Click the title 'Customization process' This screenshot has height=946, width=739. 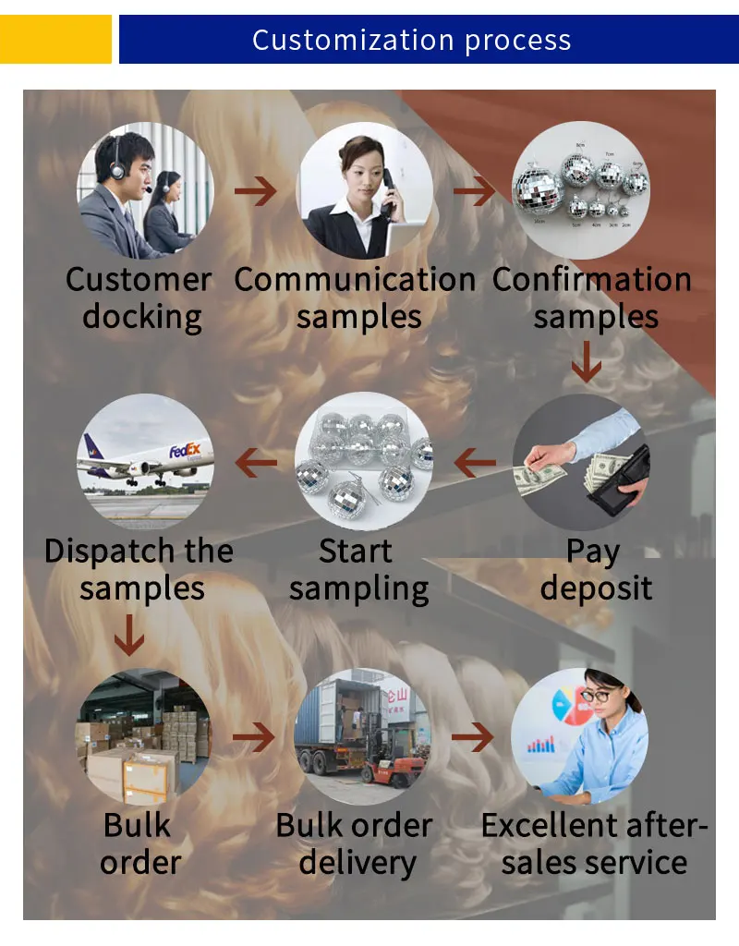coord(412,41)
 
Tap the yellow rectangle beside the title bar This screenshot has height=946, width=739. coord(55,39)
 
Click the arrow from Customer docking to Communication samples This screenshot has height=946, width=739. coord(255,192)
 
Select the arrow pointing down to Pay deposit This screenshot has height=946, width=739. coord(586,362)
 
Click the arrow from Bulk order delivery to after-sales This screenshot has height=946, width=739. coord(473,736)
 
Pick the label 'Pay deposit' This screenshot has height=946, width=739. coord(596,569)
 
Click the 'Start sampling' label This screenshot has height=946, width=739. coord(358,569)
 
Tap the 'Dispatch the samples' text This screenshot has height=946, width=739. coord(139,569)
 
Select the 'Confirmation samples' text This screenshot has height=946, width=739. coord(592,297)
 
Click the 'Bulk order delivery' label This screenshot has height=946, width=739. coord(356,843)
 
